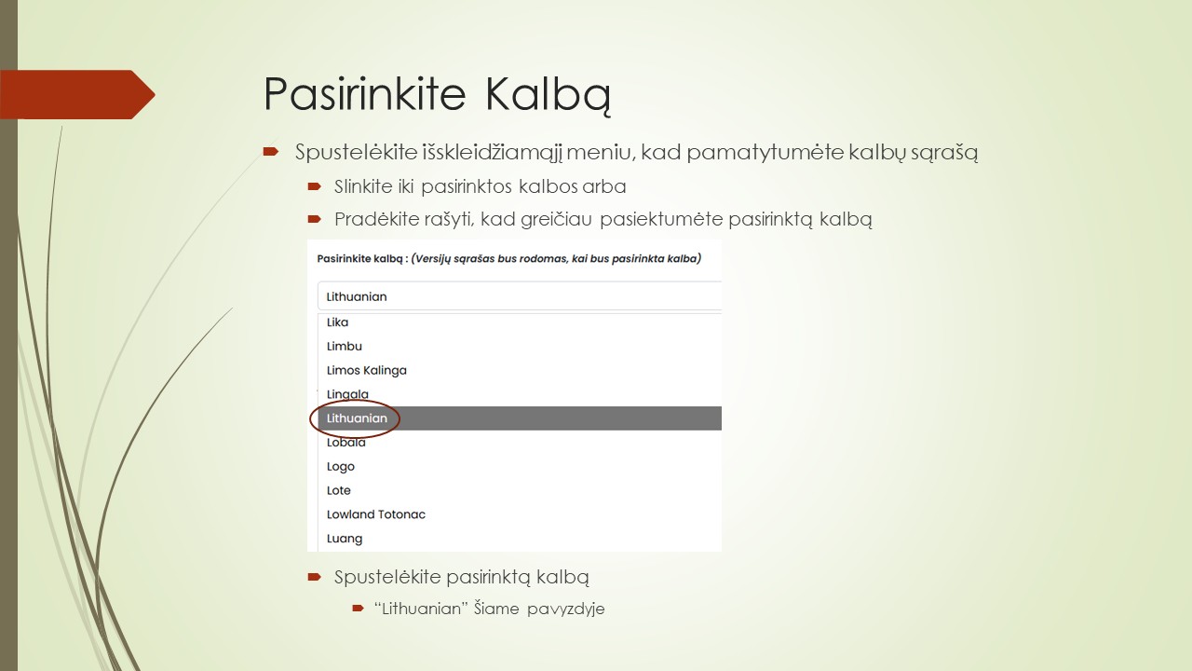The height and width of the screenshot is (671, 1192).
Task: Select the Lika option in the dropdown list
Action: [x=337, y=322]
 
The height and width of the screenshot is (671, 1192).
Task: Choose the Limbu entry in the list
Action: [x=345, y=347]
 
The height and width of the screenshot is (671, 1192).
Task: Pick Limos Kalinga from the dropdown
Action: [x=366, y=370]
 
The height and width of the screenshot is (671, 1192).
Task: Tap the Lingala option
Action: [x=347, y=394]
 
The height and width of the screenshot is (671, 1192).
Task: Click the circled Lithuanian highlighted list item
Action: [x=357, y=418]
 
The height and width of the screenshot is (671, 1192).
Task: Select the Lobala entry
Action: [x=345, y=443]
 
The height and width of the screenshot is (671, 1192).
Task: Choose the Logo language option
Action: [x=341, y=467]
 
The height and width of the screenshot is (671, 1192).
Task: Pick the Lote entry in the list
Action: [x=339, y=490]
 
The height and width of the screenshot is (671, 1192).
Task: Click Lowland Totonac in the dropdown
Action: [x=375, y=514]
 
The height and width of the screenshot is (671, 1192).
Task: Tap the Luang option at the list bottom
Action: [x=345, y=539]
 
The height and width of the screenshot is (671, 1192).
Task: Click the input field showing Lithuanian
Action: [x=518, y=296]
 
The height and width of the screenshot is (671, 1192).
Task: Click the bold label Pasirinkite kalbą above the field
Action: [x=360, y=258]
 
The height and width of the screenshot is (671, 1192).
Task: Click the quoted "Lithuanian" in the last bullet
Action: [x=419, y=609]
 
